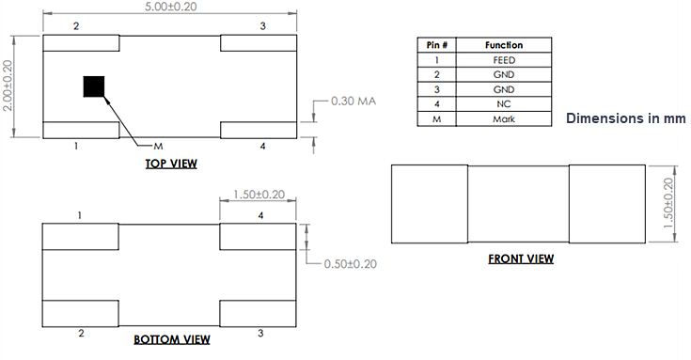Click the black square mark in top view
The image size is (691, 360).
pyautogui.click(x=94, y=86)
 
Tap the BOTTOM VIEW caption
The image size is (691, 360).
pyautogui.click(x=171, y=339)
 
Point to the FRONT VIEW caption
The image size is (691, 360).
pyautogui.click(x=520, y=258)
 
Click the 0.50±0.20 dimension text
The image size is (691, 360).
pyautogui.click(x=349, y=264)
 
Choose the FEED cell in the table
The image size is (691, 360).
pyautogui.click(x=503, y=60)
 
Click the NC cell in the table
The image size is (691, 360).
pyautogui.click(x=503, y=104)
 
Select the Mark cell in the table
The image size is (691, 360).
pyautogui.click(x=503, y=119)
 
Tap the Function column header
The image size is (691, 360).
pyautogui.click(x=503, y=45)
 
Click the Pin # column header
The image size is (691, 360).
pyautogui.click(x=436, y=45)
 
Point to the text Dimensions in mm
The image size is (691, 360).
pyautogui.click(x=625, y=119)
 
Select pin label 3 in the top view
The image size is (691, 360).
pyautogui.click(x=262, y=25)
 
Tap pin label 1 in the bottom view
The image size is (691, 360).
pyautogui.click(x=81, y=215)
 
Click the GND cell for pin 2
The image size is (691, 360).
pyautogui.click(x=503, y=75)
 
